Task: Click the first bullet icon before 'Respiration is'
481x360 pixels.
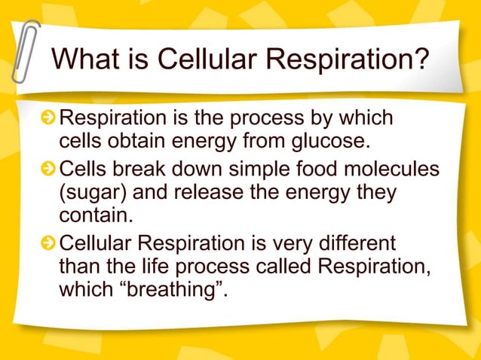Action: click(x=48, y=120)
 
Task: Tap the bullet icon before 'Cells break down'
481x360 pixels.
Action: click(x=48, y=169)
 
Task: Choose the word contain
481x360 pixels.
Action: click(x=93, y=218)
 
